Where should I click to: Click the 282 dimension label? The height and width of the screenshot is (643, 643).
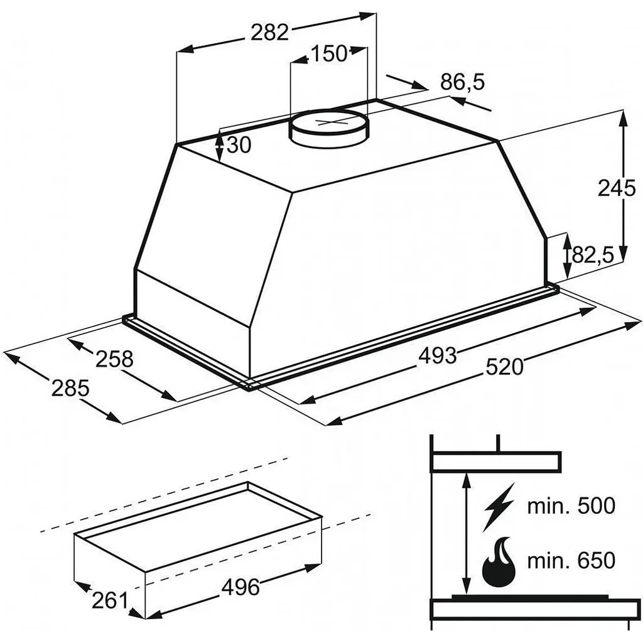(x=270, y=33)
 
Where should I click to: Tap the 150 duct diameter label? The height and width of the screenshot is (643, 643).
(x=329, y=53)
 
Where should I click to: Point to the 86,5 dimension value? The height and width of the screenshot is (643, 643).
(x=463, y=82)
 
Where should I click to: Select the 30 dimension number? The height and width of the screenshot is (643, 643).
(x=238, y=145)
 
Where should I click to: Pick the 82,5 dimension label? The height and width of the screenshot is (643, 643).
(x=593, y=255)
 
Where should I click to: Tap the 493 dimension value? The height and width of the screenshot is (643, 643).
(x=437, y=355)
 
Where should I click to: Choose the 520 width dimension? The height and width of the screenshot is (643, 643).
(x=505, y=367)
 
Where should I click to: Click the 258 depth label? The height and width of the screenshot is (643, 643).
(x=114, y=359)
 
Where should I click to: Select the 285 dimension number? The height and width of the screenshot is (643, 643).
(x=70, y=388)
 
